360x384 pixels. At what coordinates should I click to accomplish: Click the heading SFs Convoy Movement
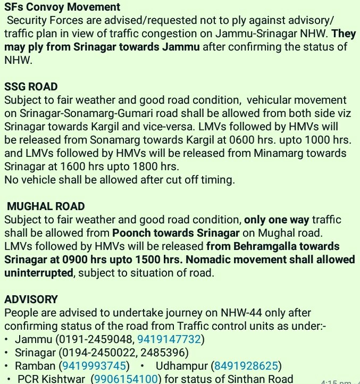point(62,7)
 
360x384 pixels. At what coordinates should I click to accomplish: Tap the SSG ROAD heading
point(31,87)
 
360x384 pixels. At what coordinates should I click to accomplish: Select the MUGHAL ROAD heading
point(46,206)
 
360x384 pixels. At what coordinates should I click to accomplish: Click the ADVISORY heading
point(31,299)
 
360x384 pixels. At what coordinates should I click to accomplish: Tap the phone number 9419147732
point(169,339)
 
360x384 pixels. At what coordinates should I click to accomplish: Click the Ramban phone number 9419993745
point(95,366)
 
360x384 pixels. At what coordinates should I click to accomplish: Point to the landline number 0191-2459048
point(98,339)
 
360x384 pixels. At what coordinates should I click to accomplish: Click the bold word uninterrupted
point(38,273)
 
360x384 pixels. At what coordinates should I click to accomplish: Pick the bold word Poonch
point(130,233)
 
